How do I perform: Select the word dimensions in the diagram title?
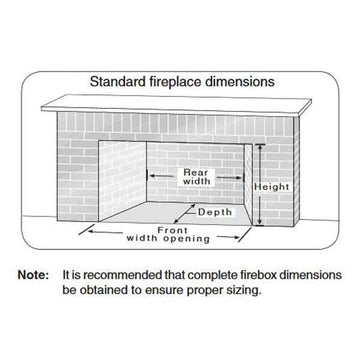click(x=238, y=81)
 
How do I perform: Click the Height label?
click(x=272, y=187)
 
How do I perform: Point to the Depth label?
click(x=215, y=212)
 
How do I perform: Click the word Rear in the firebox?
click(x=196, y=173)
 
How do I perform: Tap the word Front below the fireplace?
click(x=172, y=230)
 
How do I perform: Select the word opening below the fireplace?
click(x=188, y=239)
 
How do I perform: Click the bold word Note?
click(x=33, y=275)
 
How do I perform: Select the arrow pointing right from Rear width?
click(x=230, y=178)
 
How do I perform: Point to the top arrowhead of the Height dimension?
click(x=259, y=148)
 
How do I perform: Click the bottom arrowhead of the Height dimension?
click(x=259, y=222)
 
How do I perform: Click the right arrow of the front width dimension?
click(x=229, y=237)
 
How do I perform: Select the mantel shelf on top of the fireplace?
click(x=176, y=106)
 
